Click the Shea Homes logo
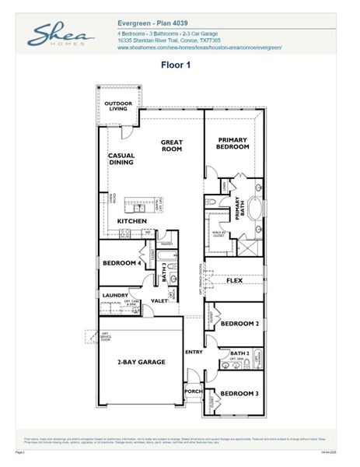pyautogui.click(x=61, y=35)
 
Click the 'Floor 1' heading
pyautogui.click(x=177, y=65)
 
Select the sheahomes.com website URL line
pyautogui.click(x=199, y=48)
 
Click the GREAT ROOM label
pyautogui.click(x=172, y=146)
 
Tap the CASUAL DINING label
pyautogui.click(x=121, y=159)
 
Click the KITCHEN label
pyautogui.click(x=132, y=222)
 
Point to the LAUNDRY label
pyautogui.click(x=115, y=296)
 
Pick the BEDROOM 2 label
pyautogui.click(x=239, y=323)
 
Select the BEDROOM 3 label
pyautogui.click(x=239, y=394)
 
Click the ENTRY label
pyautogui.click(x=194, y=353)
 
